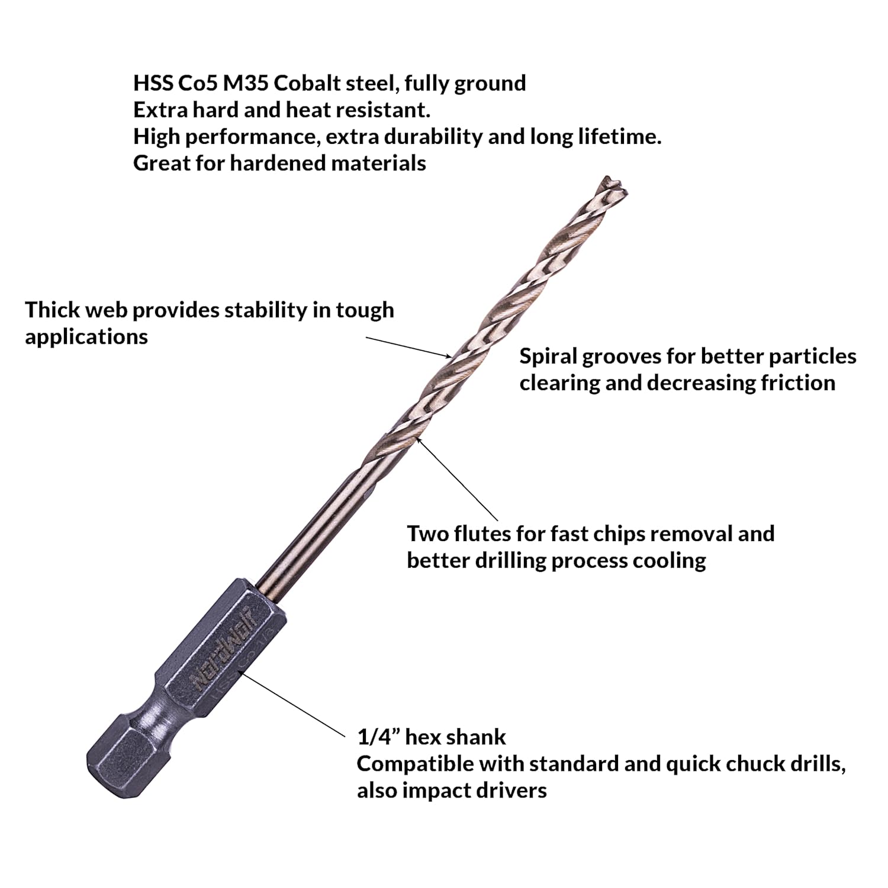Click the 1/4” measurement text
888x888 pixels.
tap(379, 737)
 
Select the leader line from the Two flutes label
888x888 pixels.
tap(457, 479)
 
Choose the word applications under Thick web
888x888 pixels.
tap(86, 337)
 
